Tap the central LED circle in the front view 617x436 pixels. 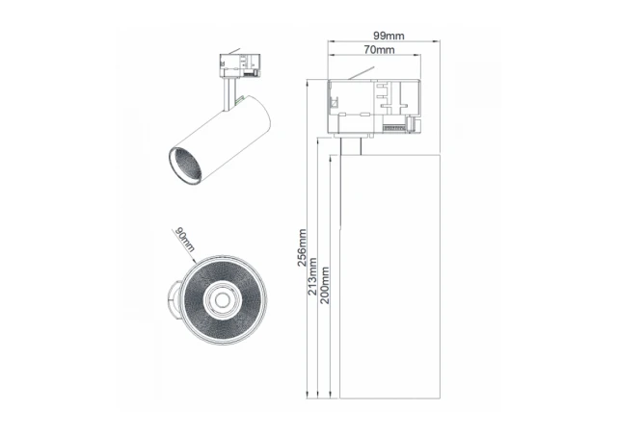pyautogui.click(x=223, y=301)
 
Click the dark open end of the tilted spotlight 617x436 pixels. pyautogui.click(x=184, y=164)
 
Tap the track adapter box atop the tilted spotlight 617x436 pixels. pyautogui.click(x=238, y=65)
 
